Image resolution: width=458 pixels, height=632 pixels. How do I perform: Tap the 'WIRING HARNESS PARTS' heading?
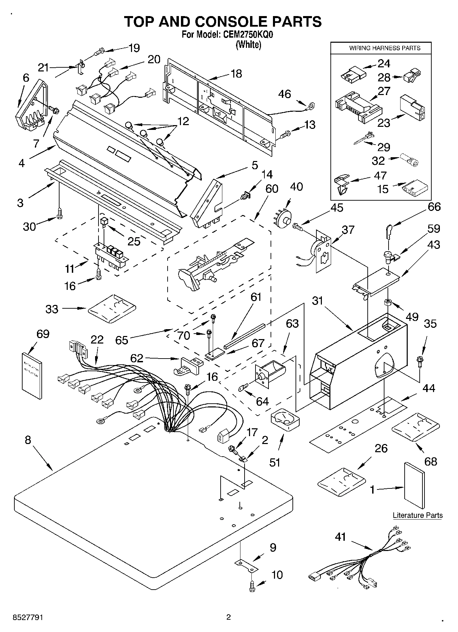384,48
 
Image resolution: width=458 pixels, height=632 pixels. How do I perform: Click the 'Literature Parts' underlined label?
417,515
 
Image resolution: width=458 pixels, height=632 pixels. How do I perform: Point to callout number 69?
43,334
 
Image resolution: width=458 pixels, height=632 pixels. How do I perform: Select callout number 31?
318,301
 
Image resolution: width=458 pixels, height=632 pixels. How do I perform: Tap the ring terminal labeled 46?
311,105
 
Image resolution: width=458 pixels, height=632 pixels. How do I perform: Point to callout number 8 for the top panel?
28,440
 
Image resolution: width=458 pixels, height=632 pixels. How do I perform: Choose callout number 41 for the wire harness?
340,537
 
